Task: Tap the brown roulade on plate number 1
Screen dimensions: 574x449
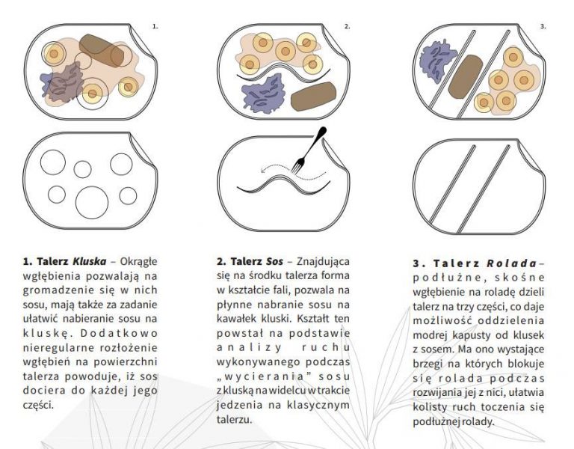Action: coord(101,51)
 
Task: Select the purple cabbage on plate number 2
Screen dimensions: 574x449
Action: coord(263,93)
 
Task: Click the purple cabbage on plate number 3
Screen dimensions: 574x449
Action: coord(437,61)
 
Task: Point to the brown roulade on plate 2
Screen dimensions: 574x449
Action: coord(314,96)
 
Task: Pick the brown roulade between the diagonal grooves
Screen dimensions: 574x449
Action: coord(466,76)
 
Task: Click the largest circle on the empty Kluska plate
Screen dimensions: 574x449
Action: coord(92,203)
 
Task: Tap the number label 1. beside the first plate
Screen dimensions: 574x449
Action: coord(155,26)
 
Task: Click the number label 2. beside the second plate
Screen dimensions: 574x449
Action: coord(347,26)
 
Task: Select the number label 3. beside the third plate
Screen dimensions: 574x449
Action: coord(543,26)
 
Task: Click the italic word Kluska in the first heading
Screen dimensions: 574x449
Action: coord(90,261)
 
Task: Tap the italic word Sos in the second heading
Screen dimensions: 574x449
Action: coord(274,261)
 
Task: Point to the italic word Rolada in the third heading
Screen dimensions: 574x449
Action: coord(511,263)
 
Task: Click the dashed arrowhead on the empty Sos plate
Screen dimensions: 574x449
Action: coord(262,170)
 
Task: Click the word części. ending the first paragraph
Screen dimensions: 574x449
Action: coord(38,406)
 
